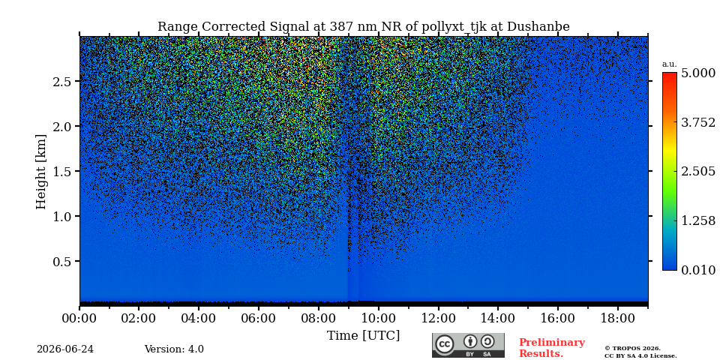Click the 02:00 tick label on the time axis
(x=139, y=318)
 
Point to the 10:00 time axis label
(x=378, y=318)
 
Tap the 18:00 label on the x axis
(x=617, y=318)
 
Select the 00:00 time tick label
(x=79, y=318)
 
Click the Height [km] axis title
(x=41, y=172)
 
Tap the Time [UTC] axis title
(x=363, y=336)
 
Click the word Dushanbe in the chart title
(x=538, y=27)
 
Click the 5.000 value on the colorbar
(x=698, y=73)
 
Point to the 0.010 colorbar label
(x=698, y=270)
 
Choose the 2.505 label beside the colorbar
(x=698, y=172)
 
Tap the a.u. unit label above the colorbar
(x=670, y=64)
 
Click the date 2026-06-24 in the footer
(x=65, y=349)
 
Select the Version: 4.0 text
(x=174, y=349)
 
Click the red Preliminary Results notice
(x=552, y=348)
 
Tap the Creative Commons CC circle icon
(x=445, y=344)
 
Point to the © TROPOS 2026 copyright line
(x=632, y=349)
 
